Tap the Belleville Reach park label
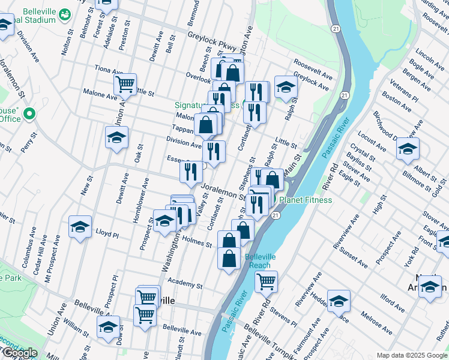point(260,260)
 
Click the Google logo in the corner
point(19,353)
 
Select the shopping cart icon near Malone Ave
point(125,85)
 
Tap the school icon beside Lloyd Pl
point(80,227)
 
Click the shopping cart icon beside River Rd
point(266,281)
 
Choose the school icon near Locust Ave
point(408,149)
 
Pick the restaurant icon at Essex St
point(191,172)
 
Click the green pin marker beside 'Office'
point(28,113)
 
